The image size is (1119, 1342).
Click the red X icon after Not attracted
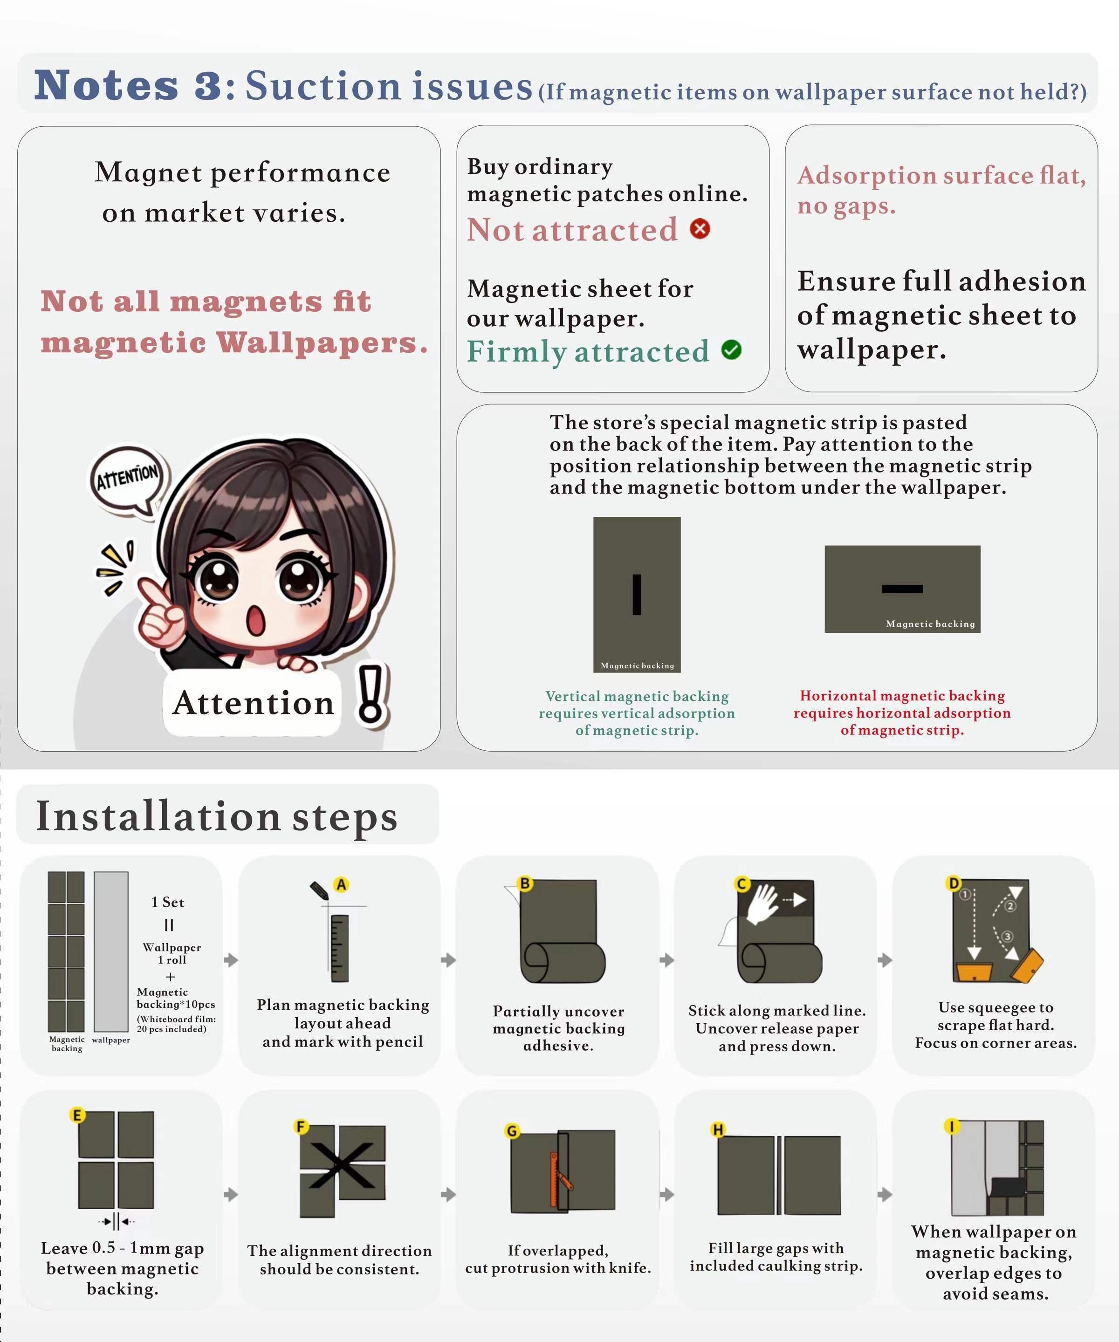pyautogui.click(x=700, y=229)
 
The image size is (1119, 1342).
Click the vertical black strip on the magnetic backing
pyautogui.click(x=637, y=594)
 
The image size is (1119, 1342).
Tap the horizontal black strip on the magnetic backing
pyautogui.click(x=902, y=589)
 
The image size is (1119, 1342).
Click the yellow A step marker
pyautogui.click(x=341, y=884)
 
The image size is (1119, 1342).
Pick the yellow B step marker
pyautogui.click(x=525, y=883)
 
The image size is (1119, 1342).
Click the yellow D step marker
pyautogui.click(x=954, y=883)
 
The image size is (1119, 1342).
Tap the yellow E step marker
pyautogui.click(x=77, y=1115)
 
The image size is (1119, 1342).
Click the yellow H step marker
pyautogui.click(x=718, y=1130)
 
